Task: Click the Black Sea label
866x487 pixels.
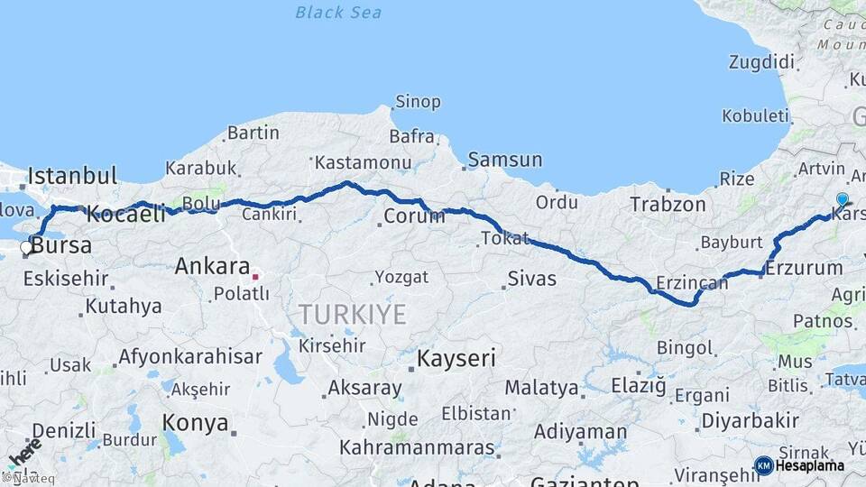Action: (x=338, y=13)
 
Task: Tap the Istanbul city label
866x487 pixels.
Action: (x=73, y=175)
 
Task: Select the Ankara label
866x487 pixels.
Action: (x=212, y=266)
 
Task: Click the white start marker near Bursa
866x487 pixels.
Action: (x=26, y=246)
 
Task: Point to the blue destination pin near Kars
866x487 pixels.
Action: (x=843, y=200)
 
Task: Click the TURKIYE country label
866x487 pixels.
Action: (x=353, y=314)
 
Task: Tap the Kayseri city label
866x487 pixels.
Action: (x=456, y=358)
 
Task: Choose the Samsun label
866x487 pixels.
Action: (x=505, y=160)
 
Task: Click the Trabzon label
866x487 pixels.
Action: (x=668, y=204)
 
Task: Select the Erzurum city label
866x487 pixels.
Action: (x=804, y=268)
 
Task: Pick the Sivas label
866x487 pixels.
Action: (x=531, y=278)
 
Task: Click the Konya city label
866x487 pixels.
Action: (x=194, y=421)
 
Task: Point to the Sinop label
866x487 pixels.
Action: (x=419, y=102)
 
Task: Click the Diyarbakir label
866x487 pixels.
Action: (x=750, y=420)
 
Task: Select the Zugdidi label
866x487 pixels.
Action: (x=762, y=62)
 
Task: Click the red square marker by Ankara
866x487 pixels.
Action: (x=255, y=277)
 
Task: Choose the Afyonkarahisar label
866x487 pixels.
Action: (x=190, y=355)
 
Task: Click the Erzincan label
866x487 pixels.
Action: (x=693, y=283)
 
